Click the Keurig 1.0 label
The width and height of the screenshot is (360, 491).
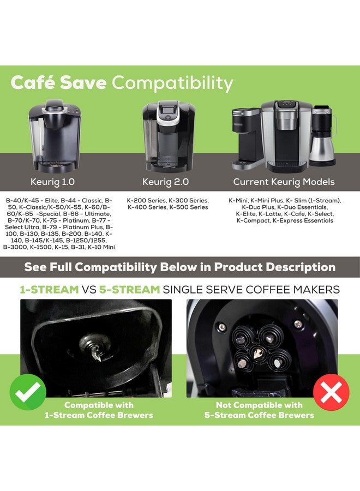coord(53,181)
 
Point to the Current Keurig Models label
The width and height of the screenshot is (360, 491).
coord(284,181)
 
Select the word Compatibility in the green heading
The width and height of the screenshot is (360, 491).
coord(172,83)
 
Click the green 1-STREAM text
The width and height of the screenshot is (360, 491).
coord(49,289)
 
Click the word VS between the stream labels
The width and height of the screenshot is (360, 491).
coord(89,289)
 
